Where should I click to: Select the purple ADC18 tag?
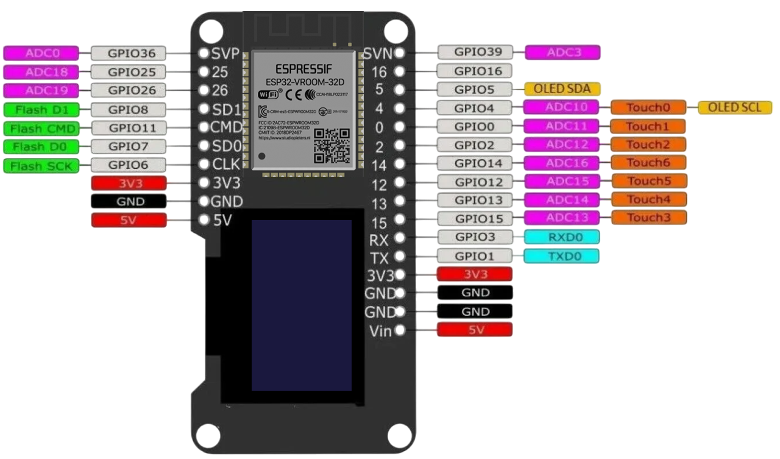[41, 72]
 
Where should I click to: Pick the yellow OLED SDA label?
[562, 89]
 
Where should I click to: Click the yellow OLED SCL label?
[735, 108]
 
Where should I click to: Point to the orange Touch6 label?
[648, 163]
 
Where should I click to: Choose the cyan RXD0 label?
[561, 237]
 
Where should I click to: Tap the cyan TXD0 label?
[561, 256]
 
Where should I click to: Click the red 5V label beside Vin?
[475, 330]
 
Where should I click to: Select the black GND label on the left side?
[128, 201]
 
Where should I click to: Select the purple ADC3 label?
[562, 52]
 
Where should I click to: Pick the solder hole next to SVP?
[205, 53]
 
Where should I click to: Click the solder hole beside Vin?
[400, 330]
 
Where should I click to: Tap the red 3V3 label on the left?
[128, 183]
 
